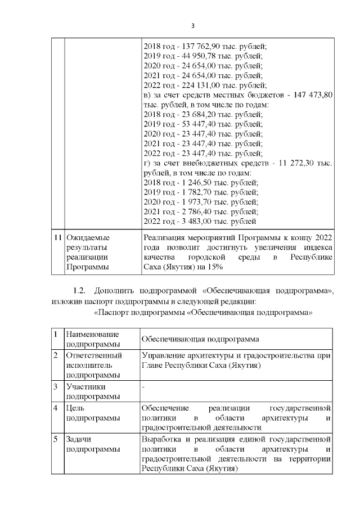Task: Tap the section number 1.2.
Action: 81,291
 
